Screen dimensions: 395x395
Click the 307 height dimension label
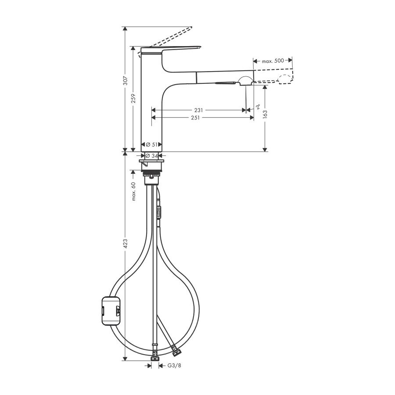(126, 80)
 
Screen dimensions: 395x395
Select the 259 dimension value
(133, 98)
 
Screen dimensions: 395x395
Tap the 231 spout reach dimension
(198, 110)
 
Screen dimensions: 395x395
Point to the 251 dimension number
(195, 118)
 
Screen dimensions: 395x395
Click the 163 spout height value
(265, 114)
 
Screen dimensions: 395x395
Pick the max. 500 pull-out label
(273, 61)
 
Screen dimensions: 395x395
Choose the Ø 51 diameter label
(152, 144)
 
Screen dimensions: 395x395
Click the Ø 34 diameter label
(152, 156)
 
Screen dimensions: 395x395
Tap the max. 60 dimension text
(133, 191)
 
